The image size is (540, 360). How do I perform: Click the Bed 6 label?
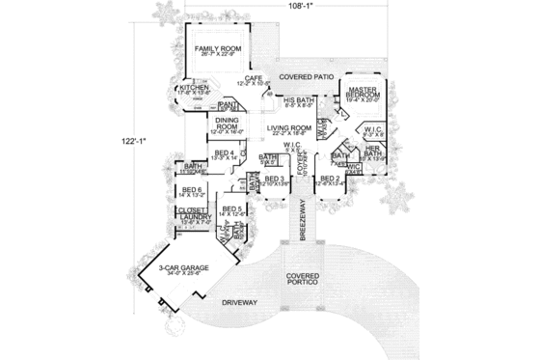(x=192, y=190)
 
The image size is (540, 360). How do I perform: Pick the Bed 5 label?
(x=231, y=209)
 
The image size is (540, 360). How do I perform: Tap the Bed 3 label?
(x=274, y=179)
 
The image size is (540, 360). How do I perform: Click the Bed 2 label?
(x=329, y=179)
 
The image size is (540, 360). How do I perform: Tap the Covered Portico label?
(x=302, y=280)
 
